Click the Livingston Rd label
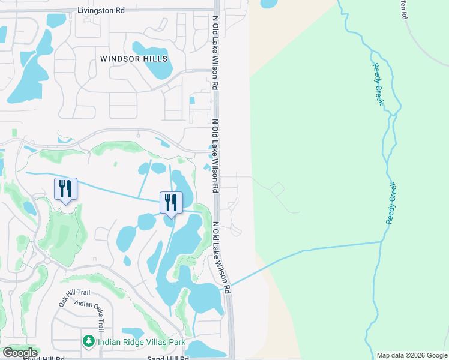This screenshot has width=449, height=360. [x=101, y=11]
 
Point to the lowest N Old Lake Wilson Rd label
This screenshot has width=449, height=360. [x=221, y=257]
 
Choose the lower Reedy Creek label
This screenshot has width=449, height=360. [x=391, y=203]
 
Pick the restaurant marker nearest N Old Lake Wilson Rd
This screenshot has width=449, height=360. [x=171, y=203]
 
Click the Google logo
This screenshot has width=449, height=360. [x=20, y=353]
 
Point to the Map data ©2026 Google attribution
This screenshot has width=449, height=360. [x=411, y=355]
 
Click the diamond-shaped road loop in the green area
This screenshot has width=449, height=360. [x=277, y=190]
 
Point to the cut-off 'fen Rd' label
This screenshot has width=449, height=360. [x=403, y=9]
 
